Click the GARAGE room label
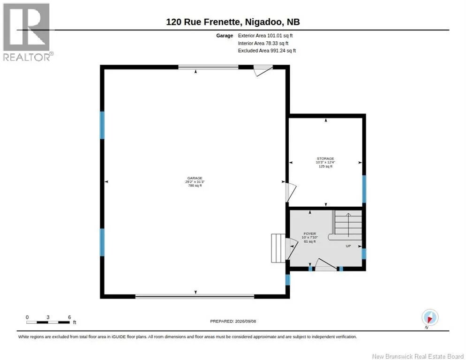(x=195, y=178)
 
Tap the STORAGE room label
(x=325, y=159)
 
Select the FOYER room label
(x=310, y=233)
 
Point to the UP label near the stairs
(x=348, y=246)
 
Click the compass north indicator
(x=430, y=318)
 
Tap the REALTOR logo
(x=27, y=32)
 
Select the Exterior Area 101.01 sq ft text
(x=265, y=36)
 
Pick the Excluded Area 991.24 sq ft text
(x=267, y=51)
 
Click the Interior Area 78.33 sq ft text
(x=263, y=44)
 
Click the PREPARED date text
(x=233, y=321)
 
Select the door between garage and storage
(x=291, y=192)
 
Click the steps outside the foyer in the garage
(x=278, y=248)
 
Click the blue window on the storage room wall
(x=364, y=189)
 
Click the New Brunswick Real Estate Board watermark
(x=418, y=356)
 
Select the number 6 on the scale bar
(x=69, y=317)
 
